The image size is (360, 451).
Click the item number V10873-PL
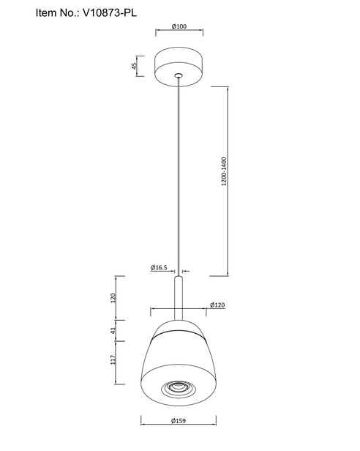pos(110,13)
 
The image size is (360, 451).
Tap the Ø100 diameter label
pos(179,26)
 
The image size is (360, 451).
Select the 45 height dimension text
pos(134,66)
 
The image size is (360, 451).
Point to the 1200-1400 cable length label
pos(224,171)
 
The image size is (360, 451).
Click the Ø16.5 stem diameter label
pos(159,267)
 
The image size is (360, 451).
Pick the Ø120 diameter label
pos(217,305)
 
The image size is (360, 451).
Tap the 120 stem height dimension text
pos(113,298)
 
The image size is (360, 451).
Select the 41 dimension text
pos(113,331)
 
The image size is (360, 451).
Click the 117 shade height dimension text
pos(113,359)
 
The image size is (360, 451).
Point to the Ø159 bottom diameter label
pos(179,421)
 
